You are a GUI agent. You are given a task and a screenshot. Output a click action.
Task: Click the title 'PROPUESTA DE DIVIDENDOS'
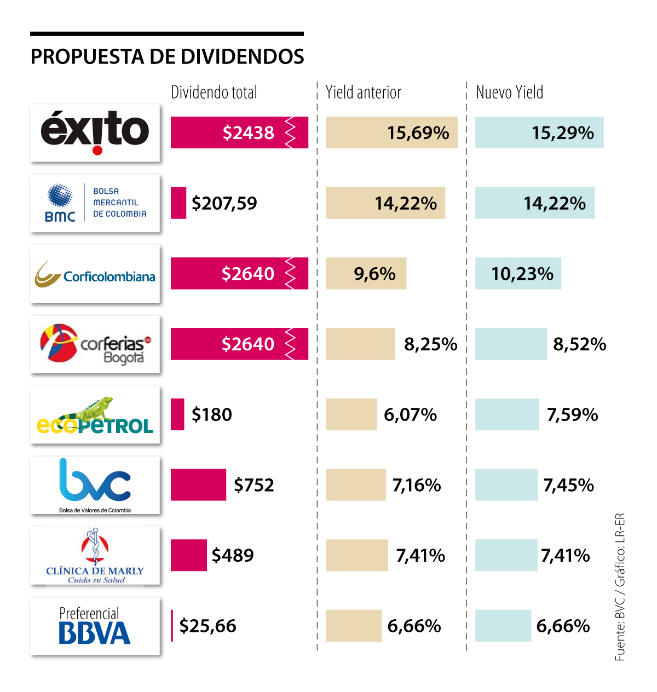coord(167,57)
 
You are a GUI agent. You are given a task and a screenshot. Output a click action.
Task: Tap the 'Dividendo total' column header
coord(214,93)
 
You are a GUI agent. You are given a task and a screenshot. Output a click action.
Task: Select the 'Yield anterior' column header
coord(364,93)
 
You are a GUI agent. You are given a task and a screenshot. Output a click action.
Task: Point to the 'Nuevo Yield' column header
coord(510,93)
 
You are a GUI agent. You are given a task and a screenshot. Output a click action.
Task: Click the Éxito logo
coord(95,132)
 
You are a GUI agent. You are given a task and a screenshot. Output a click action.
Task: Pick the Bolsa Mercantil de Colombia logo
coord(95,203)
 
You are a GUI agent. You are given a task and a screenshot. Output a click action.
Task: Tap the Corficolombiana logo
coord(95,274)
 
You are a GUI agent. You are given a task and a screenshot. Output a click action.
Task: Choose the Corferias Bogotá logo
coord(95,344)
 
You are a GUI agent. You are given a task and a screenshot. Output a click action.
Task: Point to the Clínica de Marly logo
coord(95,555)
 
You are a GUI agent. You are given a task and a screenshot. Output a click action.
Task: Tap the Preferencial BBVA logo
coord(95,626)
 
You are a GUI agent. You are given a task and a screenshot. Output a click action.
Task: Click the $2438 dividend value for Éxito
coord(249,132)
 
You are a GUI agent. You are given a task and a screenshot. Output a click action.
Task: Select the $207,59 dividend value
coord(224,203)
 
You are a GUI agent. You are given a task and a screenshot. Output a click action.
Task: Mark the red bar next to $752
coord(198,485)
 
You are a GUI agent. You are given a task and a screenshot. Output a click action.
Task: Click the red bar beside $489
coord(189,555)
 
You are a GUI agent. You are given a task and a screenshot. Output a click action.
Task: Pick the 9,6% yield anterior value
coord(374,274)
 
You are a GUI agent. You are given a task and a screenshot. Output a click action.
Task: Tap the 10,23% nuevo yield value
coord(522,274)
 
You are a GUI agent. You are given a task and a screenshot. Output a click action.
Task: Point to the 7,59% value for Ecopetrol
coord(572,414)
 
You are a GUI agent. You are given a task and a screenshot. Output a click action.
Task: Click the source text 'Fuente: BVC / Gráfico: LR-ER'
coord(620,587)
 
